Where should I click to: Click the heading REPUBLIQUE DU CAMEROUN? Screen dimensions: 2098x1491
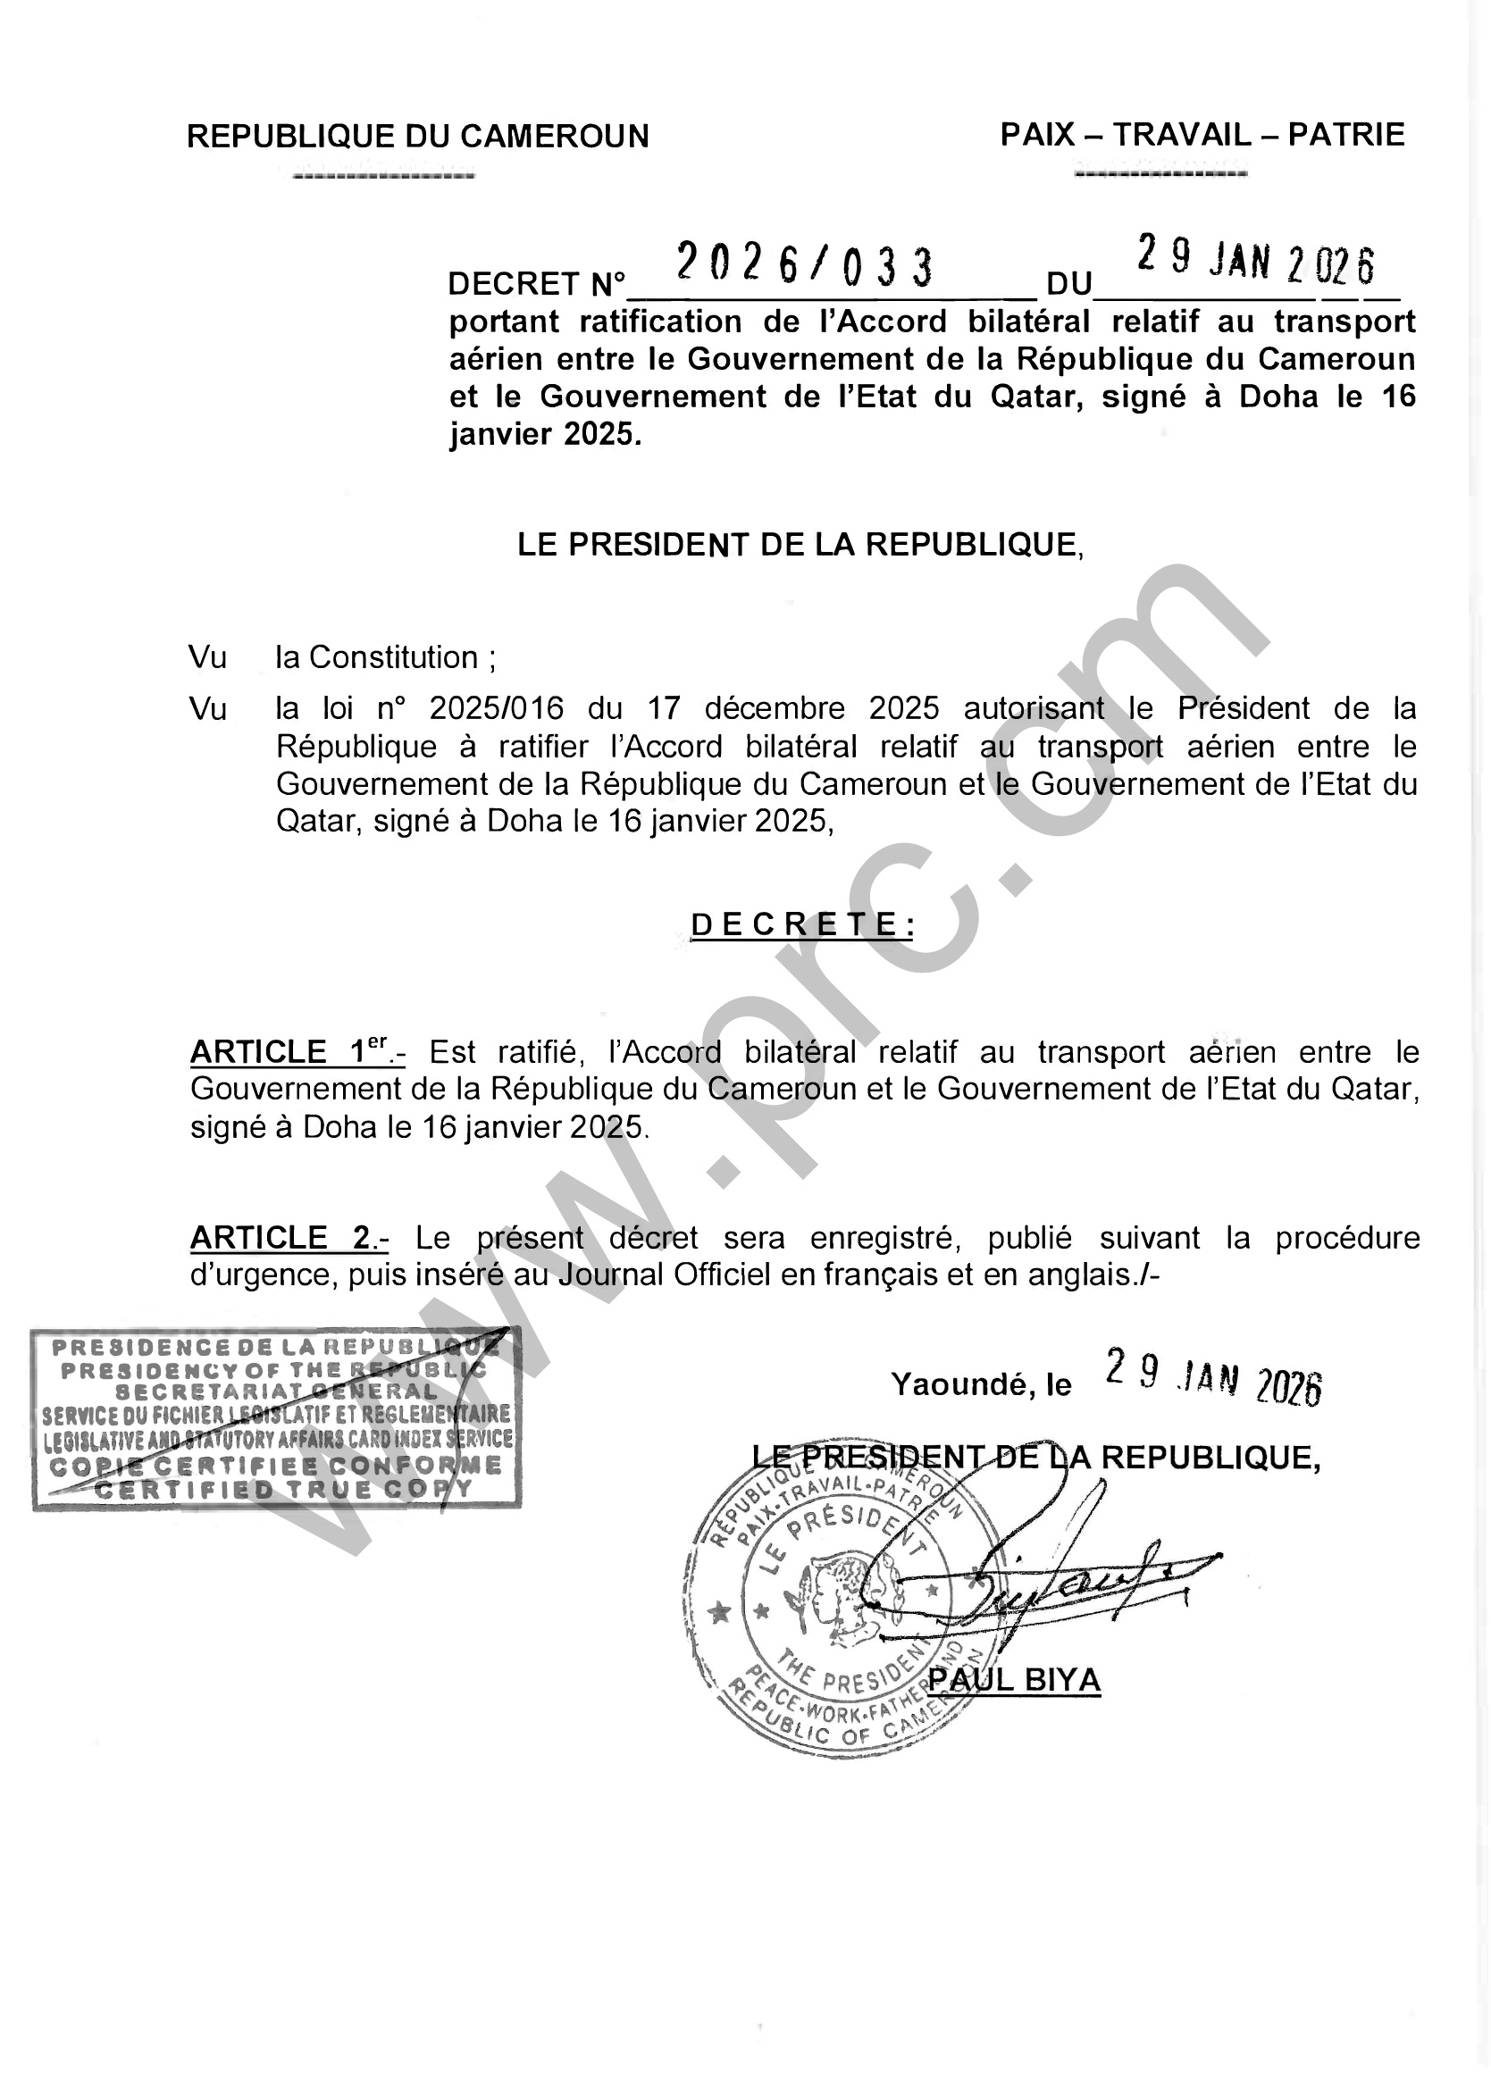(x=418, y=137)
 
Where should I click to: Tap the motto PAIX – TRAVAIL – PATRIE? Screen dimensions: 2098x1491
(x=1202, y=135)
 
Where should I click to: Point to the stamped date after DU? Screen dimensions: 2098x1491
(x=1256, y=262)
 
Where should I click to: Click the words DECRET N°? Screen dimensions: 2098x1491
(x=536, y=285)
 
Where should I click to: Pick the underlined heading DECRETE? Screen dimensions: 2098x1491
(x=802, y=924)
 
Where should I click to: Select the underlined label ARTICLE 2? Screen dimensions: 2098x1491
(x=289, y=1238)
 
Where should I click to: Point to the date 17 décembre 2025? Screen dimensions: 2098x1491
(x=793, y=708)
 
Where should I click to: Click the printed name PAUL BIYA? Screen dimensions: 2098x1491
(x=1014, y=1679)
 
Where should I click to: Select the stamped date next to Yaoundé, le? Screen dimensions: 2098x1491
(x=1213, y=1377)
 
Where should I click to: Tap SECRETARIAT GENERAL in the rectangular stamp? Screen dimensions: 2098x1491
(x=276, y=1392)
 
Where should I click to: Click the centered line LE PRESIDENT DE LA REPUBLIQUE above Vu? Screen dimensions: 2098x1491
(x=800, y=545)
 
